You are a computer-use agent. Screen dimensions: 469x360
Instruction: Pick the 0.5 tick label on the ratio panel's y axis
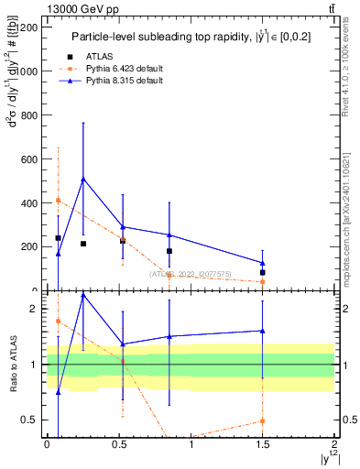click(30, 420)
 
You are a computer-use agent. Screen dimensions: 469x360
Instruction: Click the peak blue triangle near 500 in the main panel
click(83, 179)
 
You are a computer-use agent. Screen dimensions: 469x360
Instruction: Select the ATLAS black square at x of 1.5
click(263, 272)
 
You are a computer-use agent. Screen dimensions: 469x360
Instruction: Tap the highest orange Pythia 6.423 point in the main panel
click(58, 200)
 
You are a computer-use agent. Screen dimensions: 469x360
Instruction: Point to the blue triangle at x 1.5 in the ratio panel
click(263, 331)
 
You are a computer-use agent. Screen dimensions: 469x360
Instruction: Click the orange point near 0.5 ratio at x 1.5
click(263, 421)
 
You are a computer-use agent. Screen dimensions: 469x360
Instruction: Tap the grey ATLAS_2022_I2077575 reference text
click(191, 274)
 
